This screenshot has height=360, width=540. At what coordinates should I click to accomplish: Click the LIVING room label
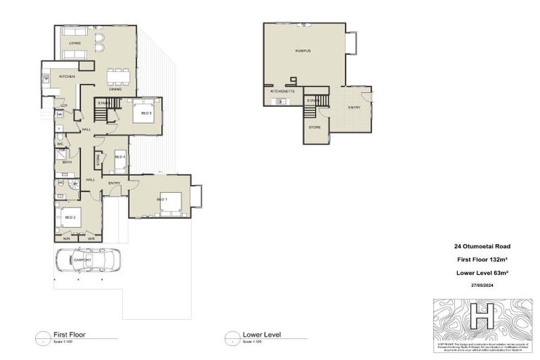click(75, 43)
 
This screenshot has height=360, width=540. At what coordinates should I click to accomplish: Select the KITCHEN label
click(67, 76)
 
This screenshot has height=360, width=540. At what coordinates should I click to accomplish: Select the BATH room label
click(67, 162)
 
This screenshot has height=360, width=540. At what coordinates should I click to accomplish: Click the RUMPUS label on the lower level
click(303, 51)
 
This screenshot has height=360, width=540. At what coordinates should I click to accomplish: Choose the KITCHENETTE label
click(282, 91)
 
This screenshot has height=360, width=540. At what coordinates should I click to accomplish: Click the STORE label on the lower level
click(315, 127)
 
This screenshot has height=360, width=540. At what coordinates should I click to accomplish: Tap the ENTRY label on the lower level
click(354, 107)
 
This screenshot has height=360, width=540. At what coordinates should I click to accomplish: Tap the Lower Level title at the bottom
click(262, 335)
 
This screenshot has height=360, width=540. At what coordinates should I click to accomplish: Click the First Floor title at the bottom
click(70, 335)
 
